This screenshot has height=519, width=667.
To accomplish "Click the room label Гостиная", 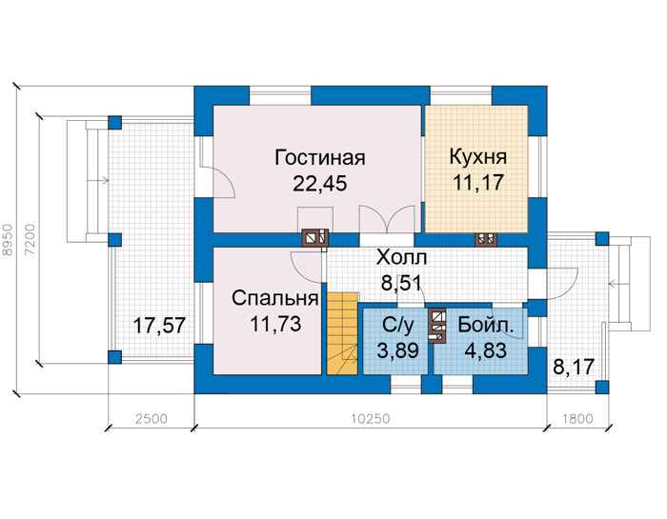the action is coord(320,157).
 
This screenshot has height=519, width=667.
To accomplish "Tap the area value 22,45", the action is coord(320,184).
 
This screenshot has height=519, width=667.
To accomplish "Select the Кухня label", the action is coord(478,157).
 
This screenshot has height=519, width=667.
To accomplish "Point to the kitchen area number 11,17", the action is coord(478,183).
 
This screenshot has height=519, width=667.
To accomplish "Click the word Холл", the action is coord(401,257).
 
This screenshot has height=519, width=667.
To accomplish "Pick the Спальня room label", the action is coord(275,298).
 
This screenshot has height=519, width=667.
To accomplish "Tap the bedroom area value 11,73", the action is coord(275,324).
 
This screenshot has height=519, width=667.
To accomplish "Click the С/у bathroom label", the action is coord(397,325).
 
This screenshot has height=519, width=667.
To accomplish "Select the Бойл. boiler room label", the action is coord(486,325).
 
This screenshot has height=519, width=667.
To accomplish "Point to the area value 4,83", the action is coord(486,350).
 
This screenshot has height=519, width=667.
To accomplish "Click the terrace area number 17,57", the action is coord(159,326).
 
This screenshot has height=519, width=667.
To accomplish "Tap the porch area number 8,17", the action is coord(574,367).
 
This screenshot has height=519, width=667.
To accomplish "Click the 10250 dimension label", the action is coord(371,419).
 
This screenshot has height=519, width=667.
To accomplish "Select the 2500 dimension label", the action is coord(152,419).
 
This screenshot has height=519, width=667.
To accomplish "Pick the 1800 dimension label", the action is coord(577,419).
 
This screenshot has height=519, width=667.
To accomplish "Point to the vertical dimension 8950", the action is coord(8,240).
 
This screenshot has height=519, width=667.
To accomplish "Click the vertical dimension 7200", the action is coord(30,240).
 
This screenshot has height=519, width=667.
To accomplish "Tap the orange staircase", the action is coord(342,333).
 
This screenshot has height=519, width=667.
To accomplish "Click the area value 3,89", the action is coord(397,351).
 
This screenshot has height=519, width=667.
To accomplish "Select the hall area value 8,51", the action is coord(401,283).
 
